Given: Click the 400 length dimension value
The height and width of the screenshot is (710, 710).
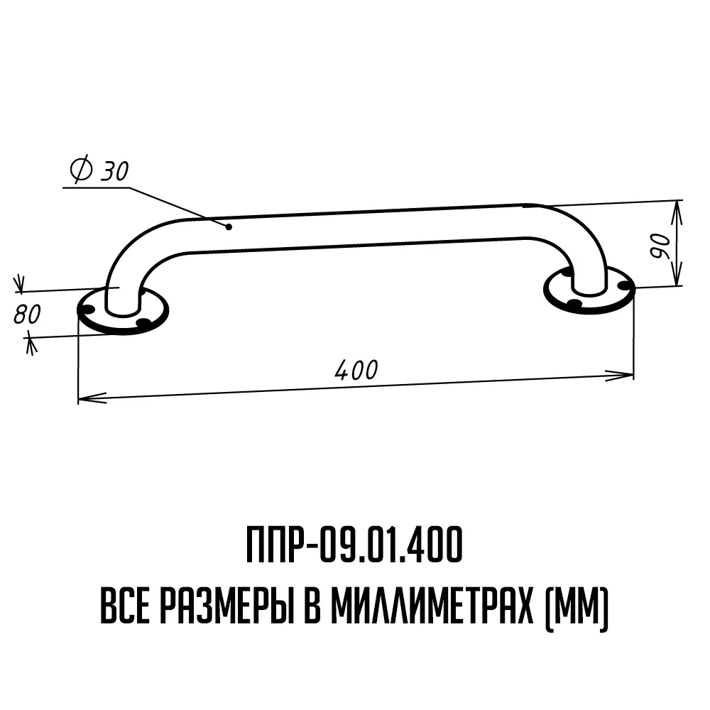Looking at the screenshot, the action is coord(356,370).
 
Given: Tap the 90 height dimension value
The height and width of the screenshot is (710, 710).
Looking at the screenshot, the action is coord(660,246).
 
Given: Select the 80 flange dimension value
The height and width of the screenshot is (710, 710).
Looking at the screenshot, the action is coord(27,315).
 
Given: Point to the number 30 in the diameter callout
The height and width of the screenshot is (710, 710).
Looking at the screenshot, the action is coord(114,170).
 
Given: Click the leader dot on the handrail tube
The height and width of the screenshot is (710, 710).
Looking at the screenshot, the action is coord(229,226).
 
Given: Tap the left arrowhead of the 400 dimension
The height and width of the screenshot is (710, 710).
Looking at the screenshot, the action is coord(92,398).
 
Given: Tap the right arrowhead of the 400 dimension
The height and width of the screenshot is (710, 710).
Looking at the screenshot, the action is coord(619,375).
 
